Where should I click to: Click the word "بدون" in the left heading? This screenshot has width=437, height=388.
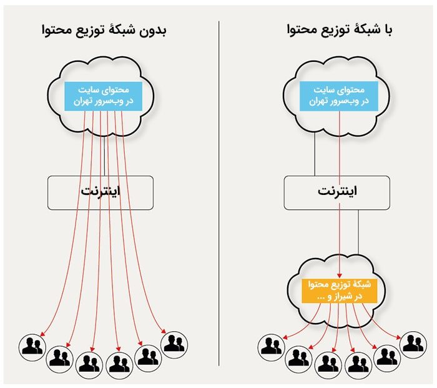point(153,31)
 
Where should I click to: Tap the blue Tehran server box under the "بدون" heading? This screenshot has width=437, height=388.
point(103,96)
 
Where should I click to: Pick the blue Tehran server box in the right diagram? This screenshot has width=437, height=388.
point(338,96)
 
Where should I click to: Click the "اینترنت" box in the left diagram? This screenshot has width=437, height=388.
point(101,192)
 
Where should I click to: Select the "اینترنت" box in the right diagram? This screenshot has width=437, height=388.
point(336,192)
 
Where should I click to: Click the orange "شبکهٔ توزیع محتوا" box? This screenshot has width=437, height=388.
point(339,291)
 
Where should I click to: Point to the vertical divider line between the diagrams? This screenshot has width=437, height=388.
point(219,193)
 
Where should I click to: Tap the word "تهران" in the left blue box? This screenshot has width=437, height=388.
point(83,101)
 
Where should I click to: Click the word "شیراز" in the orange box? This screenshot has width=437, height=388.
point(345,297)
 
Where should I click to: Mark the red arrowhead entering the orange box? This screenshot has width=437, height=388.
point(340,276)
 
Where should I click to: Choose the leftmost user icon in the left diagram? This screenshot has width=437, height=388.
point(32,347)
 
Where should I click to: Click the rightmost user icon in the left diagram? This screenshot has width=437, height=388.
point(174,345)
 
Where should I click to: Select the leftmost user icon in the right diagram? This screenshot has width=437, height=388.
point(271,347)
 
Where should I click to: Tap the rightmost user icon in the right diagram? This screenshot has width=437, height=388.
point(413,345)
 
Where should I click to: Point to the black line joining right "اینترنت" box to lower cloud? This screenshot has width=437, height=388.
point(358,232)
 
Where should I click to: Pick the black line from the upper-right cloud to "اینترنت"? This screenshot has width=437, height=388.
point(315,154)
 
